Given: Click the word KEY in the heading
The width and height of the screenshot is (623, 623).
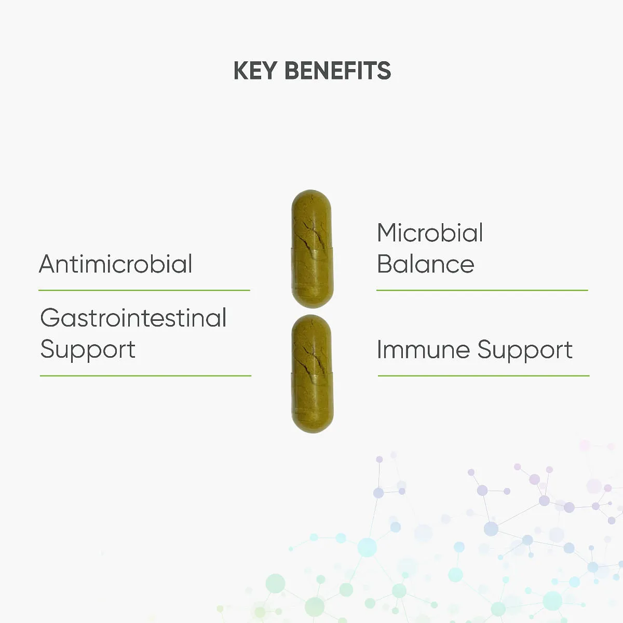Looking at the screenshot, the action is (x=255, y=71).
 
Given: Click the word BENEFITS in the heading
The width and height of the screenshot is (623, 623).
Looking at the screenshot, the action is (x=338, y=71).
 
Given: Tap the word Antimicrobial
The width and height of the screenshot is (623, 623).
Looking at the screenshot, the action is (x=116, y=264).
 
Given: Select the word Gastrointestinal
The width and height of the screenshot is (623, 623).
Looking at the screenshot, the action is (x=133, y=318).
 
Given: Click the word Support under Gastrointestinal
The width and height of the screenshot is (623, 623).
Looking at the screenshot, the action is (x=88, y=350).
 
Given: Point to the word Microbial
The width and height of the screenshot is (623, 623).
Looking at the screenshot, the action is (x=430, y=232).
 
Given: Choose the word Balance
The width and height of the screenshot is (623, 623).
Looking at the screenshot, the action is (x=426, y=264).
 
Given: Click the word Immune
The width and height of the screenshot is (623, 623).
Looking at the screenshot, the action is (x=424, y=349).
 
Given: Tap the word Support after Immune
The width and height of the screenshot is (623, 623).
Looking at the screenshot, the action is (x=525, y=350).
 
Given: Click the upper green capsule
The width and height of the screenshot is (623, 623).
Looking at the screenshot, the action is (x=313, y=249).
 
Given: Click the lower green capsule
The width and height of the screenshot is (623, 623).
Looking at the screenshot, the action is (x=313, y=374).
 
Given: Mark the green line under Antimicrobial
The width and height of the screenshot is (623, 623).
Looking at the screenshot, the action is (x=144, y=290).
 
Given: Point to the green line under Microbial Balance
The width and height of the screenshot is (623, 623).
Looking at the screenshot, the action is (x=482, y=290).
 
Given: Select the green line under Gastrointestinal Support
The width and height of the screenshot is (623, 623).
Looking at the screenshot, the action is (x=145, y=376).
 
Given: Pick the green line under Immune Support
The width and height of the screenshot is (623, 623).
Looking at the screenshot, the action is (x=484, y=376).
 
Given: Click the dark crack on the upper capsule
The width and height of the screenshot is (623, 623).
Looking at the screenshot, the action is (x=313, y=234).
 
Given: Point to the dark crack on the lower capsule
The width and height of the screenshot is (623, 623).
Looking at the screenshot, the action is (x=313, y=359).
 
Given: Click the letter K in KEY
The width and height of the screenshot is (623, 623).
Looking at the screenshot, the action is (x=241, y=71).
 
